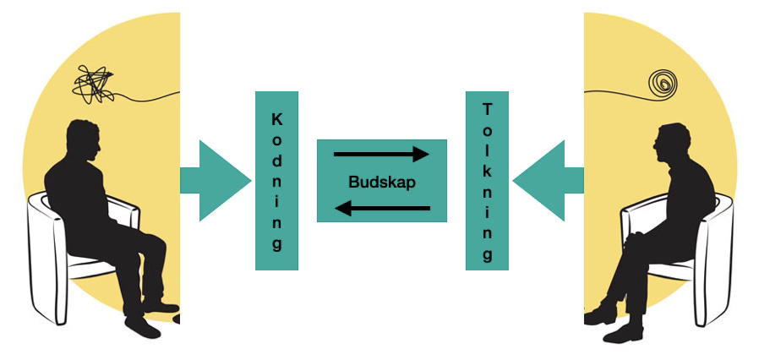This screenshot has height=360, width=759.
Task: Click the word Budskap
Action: [x=382, y=182]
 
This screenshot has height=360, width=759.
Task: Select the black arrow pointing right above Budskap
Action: [x=382, y=155]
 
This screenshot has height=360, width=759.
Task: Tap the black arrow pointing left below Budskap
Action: [x=382, y=209]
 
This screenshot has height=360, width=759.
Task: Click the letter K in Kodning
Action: [x=276, y=119]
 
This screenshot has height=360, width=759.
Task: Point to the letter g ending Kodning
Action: [x=276, y=245]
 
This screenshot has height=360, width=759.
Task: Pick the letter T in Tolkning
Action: [x=487, y=108]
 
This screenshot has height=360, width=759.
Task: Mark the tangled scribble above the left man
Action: [x=94, y=84]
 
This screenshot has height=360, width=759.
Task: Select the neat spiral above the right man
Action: [x=663, y=83]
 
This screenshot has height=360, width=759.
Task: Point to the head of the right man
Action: [x=673, y=144]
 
